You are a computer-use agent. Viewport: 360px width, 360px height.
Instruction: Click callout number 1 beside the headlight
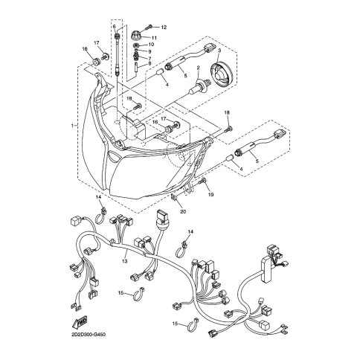click(x=72, y=126)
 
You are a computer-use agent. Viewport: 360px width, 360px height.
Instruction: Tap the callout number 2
click(x=199, y=68)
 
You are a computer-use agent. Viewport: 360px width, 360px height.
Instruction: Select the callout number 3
click(x=219, y=51)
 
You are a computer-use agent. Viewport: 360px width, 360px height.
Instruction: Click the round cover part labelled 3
click(x=222, y=75)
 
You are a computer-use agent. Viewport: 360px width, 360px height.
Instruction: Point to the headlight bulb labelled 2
click(x=200, y=88)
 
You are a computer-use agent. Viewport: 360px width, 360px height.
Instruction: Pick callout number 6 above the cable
click(x=114, y=27)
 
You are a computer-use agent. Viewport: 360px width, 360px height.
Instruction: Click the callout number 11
click(x=154, y=38)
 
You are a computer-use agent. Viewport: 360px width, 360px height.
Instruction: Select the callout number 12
click(x=164, y=28)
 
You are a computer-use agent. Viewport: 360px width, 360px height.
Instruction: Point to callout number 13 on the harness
click(x=124, y=261)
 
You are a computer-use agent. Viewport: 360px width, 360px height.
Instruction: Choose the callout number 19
click(x=210, y=195)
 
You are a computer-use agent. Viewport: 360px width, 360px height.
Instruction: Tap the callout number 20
click(x=184, y=211)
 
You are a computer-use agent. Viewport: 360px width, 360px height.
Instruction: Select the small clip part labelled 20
click(x=174, y=198)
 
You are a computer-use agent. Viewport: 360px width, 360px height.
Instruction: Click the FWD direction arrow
click(x=80, y=323)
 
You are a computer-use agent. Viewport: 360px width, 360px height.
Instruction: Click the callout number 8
click(x=150, y=63)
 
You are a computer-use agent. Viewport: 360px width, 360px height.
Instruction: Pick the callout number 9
click(x=150, y=51)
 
